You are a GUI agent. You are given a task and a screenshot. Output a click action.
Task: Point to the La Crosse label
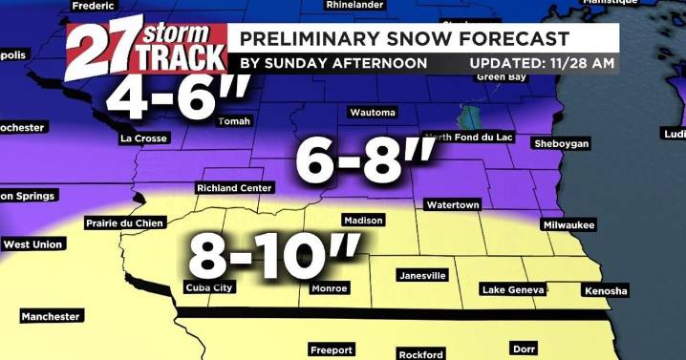144,138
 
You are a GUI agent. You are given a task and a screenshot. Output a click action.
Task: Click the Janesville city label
421,276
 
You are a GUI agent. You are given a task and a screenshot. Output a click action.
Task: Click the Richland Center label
234,188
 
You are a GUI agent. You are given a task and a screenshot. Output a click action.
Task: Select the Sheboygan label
562,143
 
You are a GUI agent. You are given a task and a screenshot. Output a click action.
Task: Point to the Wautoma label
373,113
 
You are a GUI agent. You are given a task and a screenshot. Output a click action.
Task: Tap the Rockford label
421,354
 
